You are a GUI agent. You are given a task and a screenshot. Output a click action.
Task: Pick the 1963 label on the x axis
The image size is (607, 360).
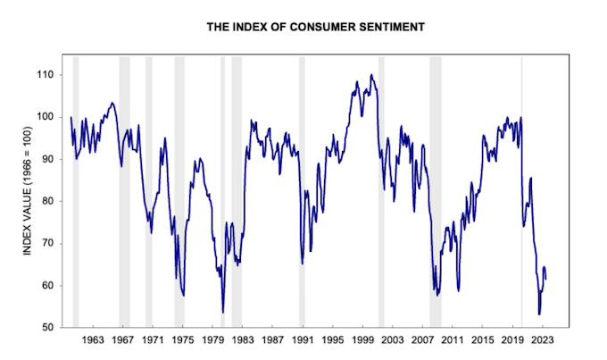[x=93, y=341]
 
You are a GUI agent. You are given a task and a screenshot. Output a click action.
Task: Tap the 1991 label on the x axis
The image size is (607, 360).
[x=303, y=341]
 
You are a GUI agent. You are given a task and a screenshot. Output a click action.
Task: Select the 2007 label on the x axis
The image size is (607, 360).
[x=423, y=341]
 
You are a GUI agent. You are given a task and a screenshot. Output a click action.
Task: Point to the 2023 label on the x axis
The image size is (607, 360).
[x=543, y=341]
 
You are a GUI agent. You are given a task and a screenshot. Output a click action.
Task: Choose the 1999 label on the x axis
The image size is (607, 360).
[x=363, y=341]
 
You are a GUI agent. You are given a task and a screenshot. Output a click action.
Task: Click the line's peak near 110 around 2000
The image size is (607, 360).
[x=371, y=75]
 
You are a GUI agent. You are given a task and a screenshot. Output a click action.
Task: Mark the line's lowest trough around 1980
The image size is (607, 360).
[x=223, y=312]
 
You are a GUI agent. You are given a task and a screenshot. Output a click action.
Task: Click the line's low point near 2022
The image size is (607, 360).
[x=539, y=314]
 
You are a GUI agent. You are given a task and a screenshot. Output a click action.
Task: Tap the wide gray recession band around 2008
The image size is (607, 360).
[x=435, y=192]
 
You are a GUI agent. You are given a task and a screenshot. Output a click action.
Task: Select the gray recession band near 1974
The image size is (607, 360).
[x=179, y=192]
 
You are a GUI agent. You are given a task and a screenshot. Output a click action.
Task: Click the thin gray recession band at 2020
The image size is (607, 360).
[x=522, y=192]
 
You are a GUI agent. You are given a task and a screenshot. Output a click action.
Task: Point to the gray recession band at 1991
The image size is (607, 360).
[x=302, y=192]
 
